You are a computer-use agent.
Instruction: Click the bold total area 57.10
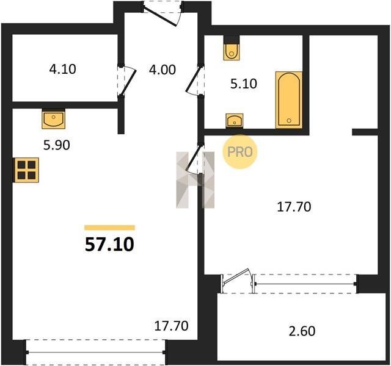coord(109,245)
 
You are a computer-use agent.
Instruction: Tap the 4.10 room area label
coord(62,69)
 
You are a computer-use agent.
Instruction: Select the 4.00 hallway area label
coord(163,70)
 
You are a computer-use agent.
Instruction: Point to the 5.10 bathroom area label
coord(244,84)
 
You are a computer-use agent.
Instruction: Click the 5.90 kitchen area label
coord(57,145)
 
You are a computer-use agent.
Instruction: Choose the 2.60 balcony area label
coord(302,331)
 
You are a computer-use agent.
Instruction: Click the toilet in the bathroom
coord(232,51)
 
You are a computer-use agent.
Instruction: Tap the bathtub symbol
coord(289,100)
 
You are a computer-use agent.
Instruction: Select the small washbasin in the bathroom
coord(235,121)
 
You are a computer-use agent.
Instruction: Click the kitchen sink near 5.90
coord(54,119)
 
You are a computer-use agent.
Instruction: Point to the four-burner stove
coord(26,170)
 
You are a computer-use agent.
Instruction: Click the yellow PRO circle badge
coord(239,152)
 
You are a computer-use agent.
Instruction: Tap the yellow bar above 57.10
coord(110,228)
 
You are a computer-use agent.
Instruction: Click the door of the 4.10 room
coord(127,81)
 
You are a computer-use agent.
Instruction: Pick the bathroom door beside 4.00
coord(195,80)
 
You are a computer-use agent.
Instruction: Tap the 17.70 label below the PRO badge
coord(294,207)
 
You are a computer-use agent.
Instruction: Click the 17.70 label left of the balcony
coord(171,326)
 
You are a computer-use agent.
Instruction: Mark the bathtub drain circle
coord(289,121)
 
